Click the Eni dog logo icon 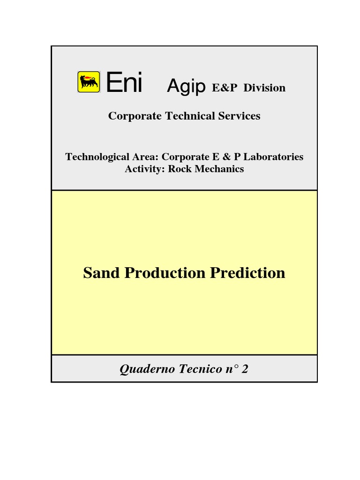tap(89, 82)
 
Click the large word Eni tap(124, 83)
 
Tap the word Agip tap(187, 87)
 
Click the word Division tap(264, 88)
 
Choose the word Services tap(239, 116)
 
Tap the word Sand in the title tap(102, 273)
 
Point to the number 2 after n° tap(245, 369)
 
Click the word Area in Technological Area tap(143, 157)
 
